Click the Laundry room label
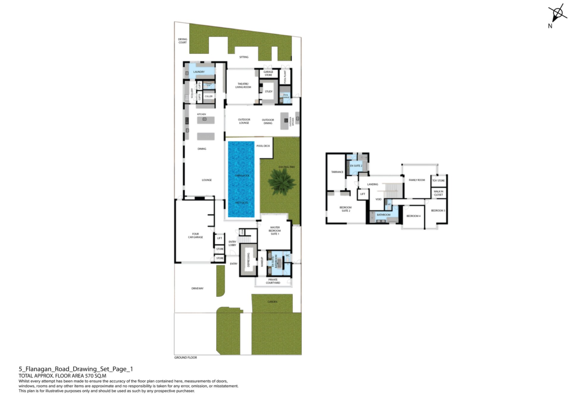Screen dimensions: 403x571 coord(199,72)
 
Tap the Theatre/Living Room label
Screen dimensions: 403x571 coord(243,86)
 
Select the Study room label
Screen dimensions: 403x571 coord(269,91)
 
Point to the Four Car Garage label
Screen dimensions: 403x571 coord(195,236)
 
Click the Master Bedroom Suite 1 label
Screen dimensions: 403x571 coord(274,231)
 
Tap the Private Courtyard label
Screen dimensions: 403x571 coord(273,281)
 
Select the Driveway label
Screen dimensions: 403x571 coord(197,288)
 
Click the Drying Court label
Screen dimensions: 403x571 coord(182,41)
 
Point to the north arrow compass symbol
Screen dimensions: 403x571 coord(557,13)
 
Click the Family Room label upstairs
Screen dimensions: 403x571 coord(417,180)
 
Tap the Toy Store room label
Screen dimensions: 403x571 coord(438,181)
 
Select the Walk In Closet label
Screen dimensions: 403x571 coord(438,193)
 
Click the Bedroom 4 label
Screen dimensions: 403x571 coord(413,216)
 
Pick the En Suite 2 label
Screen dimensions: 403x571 coord(356,166)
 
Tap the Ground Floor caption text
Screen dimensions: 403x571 coord(186,358)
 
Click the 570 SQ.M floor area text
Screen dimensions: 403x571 coord(95,376)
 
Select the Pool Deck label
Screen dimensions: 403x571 coord(263,146)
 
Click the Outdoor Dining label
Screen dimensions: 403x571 coord(268,121)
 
